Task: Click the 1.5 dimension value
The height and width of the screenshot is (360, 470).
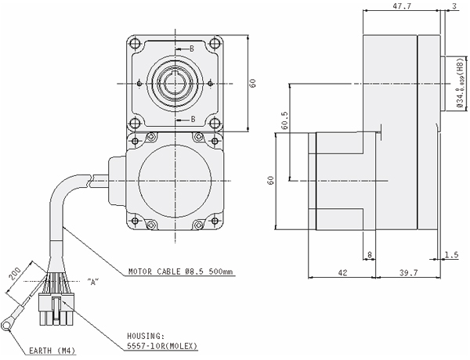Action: tap(450, 254)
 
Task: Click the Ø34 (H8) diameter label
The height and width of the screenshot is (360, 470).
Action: tap(459, 87)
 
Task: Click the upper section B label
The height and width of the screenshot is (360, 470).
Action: tap(193, 49)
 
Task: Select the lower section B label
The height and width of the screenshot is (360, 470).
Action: tap(193, 119)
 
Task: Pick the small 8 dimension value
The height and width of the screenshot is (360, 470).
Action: tap(369, 254)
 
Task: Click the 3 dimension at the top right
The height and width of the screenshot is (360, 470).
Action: tap(455, 5)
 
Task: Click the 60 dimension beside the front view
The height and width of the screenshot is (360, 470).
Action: tap(254, 83)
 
